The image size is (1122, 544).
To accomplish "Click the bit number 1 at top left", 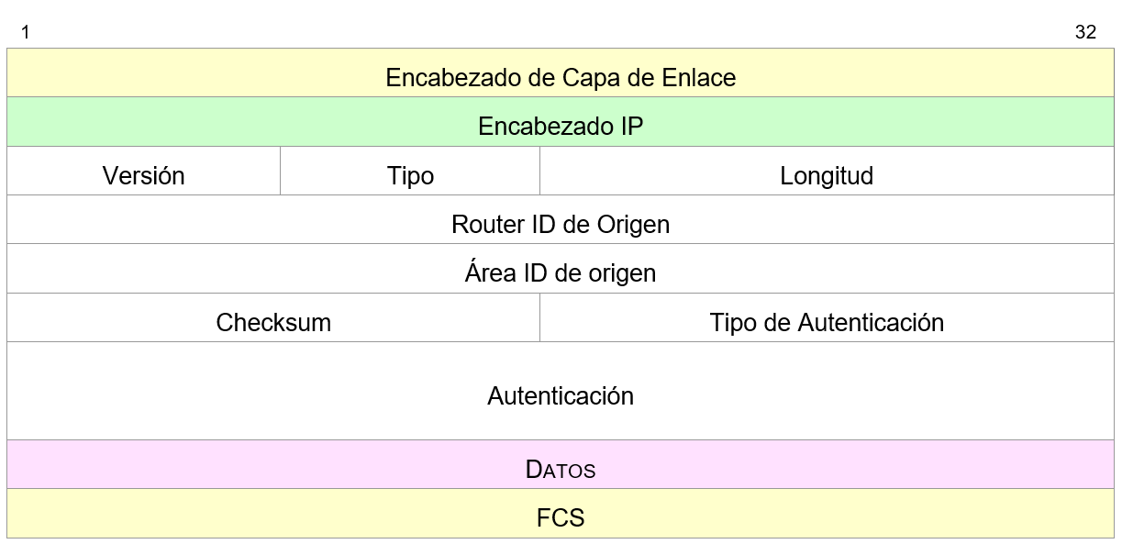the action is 26,33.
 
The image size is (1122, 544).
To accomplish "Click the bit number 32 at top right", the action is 1085,33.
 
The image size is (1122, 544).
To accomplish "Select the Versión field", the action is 143,175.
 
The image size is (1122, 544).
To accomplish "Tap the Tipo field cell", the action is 410,175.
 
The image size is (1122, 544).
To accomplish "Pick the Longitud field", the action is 827,175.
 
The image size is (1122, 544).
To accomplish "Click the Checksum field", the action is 273,322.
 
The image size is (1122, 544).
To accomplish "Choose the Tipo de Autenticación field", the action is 827,322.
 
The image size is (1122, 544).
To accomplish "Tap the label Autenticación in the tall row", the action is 561,395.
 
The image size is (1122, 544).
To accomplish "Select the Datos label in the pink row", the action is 561,470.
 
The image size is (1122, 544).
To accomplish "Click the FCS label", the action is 561,518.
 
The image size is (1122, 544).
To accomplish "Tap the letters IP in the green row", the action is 631,127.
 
